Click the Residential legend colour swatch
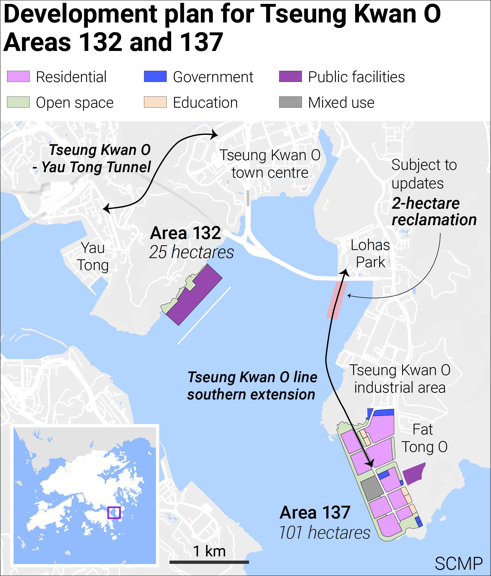[18, 77]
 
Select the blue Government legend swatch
[155, 77]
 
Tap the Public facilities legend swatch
[290, 77]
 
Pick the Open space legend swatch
[18, 102]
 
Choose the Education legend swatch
[155, 102]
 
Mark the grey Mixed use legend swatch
[290, 102]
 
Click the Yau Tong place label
[93, 256]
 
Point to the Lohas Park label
[370, 254]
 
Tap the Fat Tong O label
[424, 438]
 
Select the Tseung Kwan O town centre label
[270, 164]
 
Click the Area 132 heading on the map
[185, 233]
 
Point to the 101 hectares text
[324, 533]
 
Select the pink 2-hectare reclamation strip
[337, 300]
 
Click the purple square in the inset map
[114, 513]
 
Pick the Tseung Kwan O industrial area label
[400, 379]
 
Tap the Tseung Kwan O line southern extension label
[252, 386]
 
